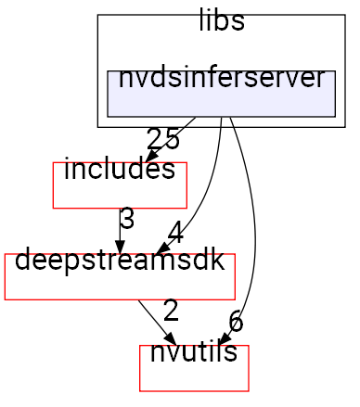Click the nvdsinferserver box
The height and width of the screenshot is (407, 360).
pos(221,93)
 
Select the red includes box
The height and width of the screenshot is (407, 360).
pos(120,184)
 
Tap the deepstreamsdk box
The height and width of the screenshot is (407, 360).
pos(120,275)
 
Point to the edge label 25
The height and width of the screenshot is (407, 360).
pos(163,139)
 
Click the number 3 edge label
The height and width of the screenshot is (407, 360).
pos(127,220)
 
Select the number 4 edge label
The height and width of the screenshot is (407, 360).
pos(177,230)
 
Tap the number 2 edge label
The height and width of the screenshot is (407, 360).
pos(170,310)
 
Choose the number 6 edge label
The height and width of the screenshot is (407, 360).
pos(236,322)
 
